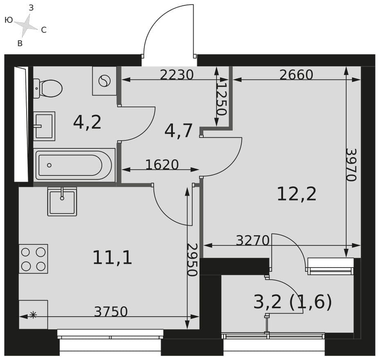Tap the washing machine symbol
pyautogui.click(x=105, y=81)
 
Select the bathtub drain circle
pyautogui.click(x=49, y=165)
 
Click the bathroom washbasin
pyautogui.click(x=44, y=126)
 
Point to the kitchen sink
pyautogui.click(x=62, y=201)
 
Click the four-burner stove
pyautogui.click(x=34, y=259)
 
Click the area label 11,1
pyautogui.click(x=112, y=258)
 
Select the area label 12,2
pyautogui.click(x=297, y=194)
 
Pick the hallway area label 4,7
pyautogui.click(x=179, y=131)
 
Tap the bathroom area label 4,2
pyautogui.click(x=87, y=122)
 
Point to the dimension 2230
pyautogui.click(x=177, y=75)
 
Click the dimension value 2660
pyautogui.click(x=296, y=75)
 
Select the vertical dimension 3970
pyautogui.click(x=351, y=165)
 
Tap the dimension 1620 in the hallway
pyautogui.click(x=162, y=164)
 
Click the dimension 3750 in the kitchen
pyautogui.click(x=111, y=311)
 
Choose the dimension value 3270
pyautogui.click(x=253, y=241)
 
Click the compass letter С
pyautogui.click(x=44, y=30)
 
